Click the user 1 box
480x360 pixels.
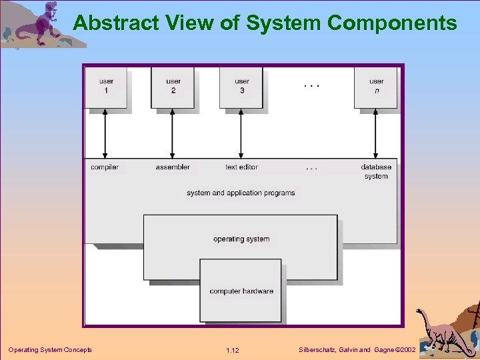[x=106, y=86]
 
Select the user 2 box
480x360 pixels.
[x=173, y=86]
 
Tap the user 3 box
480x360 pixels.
[x=241, y=86]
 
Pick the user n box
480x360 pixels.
[x=376, y=86]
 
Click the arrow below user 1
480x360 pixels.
[x=105, y=133]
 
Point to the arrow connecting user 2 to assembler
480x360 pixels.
[x=173, y=133]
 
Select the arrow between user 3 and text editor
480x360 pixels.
[x=241, y=133]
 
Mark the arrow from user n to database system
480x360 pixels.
[x=376, y=133]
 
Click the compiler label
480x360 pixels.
[x=105, y=167]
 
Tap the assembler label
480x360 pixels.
[x=173, y=167]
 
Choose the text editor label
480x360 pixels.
[x=241, y=167]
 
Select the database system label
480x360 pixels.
[x=376, y=171]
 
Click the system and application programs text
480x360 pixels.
[x=241, y=193]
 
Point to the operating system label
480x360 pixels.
[x=241, y=239]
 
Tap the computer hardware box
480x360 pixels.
[x=241, y=291]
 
